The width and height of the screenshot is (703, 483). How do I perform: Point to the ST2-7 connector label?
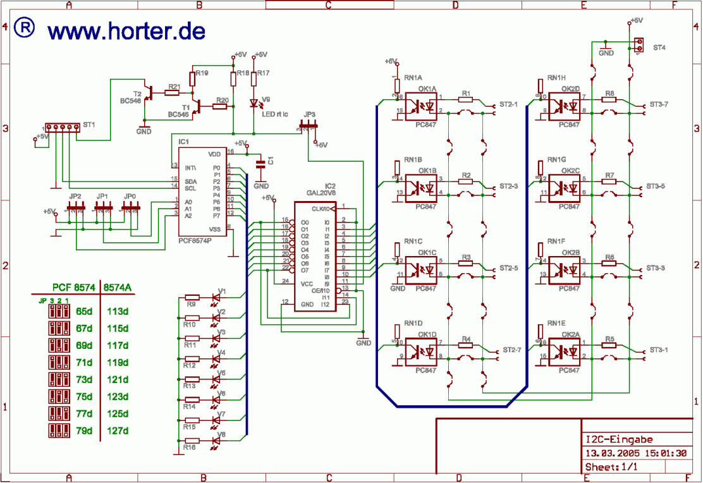coord(512,349)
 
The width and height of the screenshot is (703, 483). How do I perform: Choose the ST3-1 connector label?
coord(659,349)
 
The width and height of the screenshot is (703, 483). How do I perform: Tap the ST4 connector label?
coord(659,47)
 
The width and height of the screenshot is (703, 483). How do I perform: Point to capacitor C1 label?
coord(271,161)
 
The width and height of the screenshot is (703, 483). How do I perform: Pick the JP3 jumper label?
coord(309,114)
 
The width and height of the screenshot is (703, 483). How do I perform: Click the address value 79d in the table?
coord(84,431)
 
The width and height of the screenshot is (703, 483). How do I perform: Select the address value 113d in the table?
coord(119,312)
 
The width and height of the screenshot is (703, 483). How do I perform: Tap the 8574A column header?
coord(118,288)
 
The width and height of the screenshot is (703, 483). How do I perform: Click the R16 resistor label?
coord(189,448)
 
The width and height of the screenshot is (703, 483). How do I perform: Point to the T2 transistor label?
coord(137,93)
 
